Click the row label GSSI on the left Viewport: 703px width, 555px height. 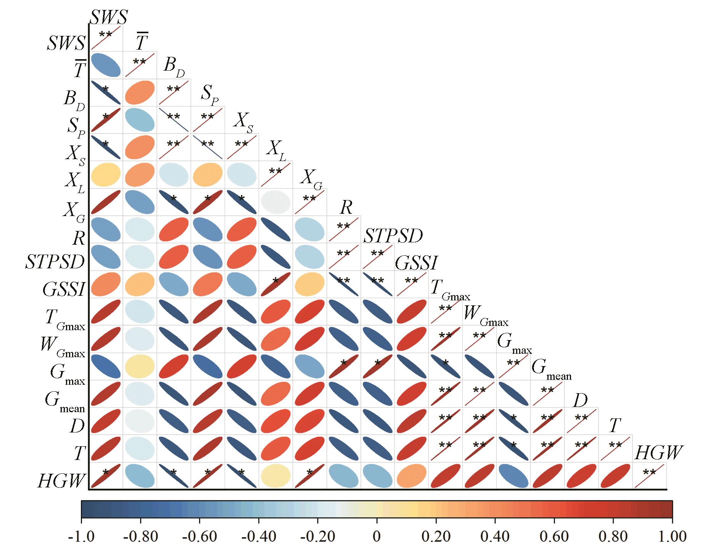(x=63, y=289)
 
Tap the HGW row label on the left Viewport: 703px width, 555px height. (x=61, y=480)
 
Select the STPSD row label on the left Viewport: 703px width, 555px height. (x=55, y=262)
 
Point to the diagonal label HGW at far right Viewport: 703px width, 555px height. (x=658, y=453)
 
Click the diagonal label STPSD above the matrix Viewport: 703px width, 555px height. (x=393, y=236)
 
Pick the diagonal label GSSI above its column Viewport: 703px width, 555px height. (x=417, y=263)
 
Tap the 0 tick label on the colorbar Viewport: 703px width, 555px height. (x=376, y=537)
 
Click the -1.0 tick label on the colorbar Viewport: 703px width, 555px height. (x=81, y=537)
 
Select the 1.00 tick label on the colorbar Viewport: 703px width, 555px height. (x=672, y=537)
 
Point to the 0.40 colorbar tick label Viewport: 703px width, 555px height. (x=495, y=537)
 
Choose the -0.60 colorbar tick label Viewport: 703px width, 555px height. (x=199, y=537)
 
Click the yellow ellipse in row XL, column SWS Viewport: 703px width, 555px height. (x=106, y=174)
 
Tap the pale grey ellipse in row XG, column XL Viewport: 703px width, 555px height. (x=275, y=202)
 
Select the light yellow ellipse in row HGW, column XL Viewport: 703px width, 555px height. (x=275, y=476)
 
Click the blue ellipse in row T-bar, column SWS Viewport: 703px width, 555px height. (x=106, y=64)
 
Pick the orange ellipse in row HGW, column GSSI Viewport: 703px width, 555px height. (x=412, y=476)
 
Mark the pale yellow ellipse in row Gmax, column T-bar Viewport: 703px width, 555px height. (x=140, y=366)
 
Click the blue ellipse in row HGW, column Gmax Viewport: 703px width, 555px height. (x=513, y=476)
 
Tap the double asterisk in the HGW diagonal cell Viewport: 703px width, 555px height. (x=649, y=472)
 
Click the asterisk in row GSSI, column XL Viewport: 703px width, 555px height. (x=275, y=280)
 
